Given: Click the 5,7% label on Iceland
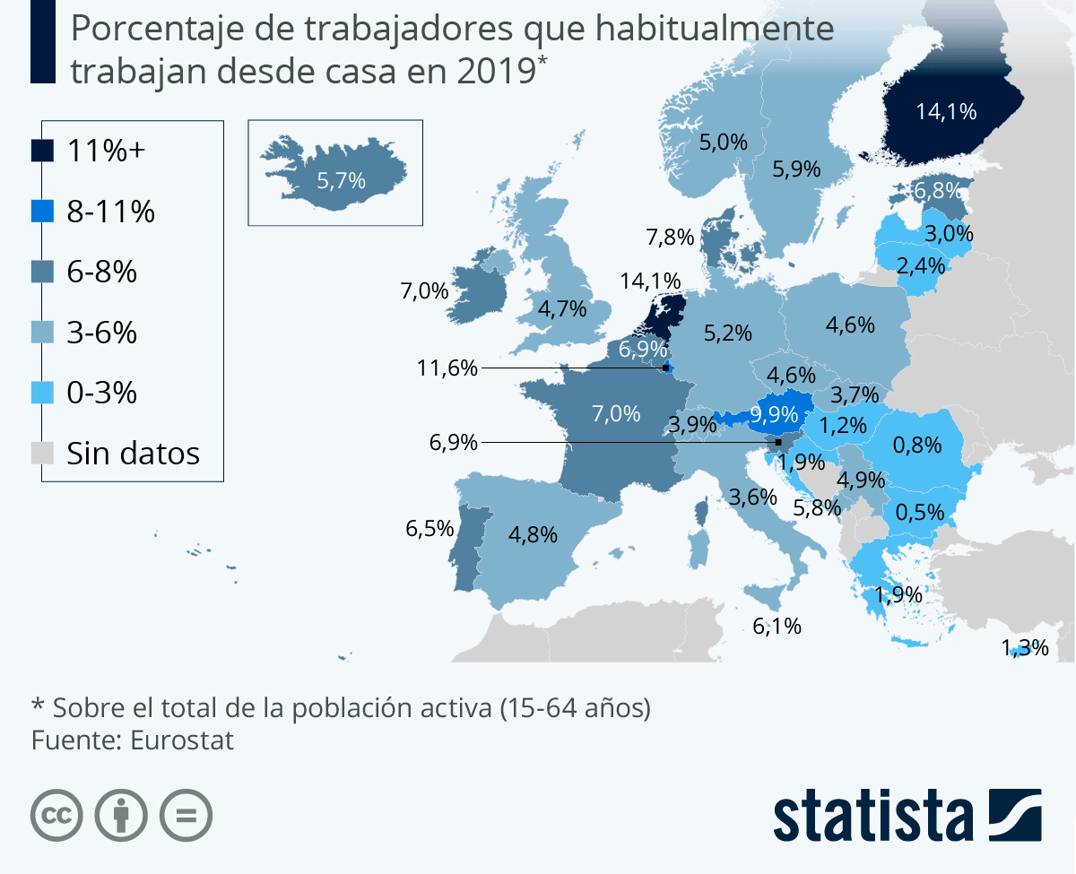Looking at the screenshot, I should [x=342, y=181].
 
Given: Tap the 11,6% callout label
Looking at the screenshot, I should [x=447, y=368].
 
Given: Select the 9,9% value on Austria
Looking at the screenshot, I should [x=774, y=414].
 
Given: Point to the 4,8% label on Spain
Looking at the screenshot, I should [x=533, y=534].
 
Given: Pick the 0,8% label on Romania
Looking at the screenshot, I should [x=917, y=444].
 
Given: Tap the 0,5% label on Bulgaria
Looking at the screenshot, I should [x=920, y=512].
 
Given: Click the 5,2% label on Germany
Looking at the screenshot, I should [x=727, y=333].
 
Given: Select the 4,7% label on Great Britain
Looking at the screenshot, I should [x=562, y=309].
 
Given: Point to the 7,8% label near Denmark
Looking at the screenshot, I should [x=670, y=238].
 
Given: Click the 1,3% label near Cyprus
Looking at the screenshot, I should [x=1025, y=647].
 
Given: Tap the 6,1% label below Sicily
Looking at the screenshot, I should [x=777, y=626].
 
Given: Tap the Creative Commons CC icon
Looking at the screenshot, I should [x=56, y=815].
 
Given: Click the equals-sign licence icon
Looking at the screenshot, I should [x=186, y=815].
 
